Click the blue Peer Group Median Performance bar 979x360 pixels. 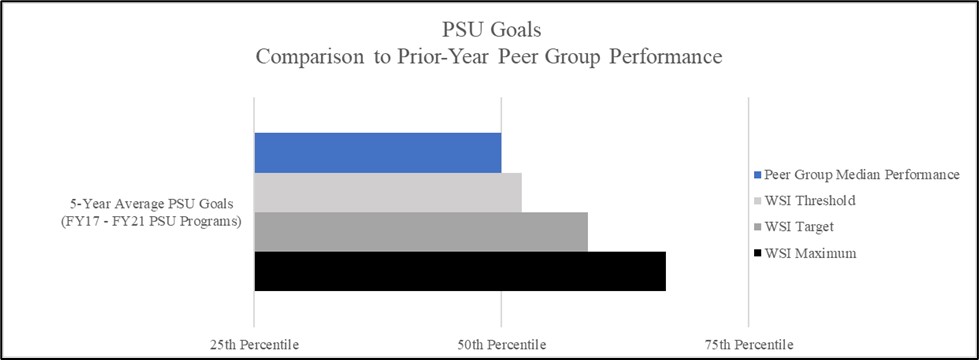tap(377, 152)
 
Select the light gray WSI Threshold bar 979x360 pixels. tap(387, 192)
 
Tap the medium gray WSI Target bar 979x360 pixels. tap(420, 231)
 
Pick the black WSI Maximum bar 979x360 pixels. tap(459, 271)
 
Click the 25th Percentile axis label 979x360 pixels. tap(254, 344)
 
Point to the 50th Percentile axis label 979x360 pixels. tap(501, 344)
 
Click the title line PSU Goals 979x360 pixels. tap(489, 31)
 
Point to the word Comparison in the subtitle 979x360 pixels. tap(305, 57)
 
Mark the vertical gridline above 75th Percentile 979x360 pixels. tap(748, 200)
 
